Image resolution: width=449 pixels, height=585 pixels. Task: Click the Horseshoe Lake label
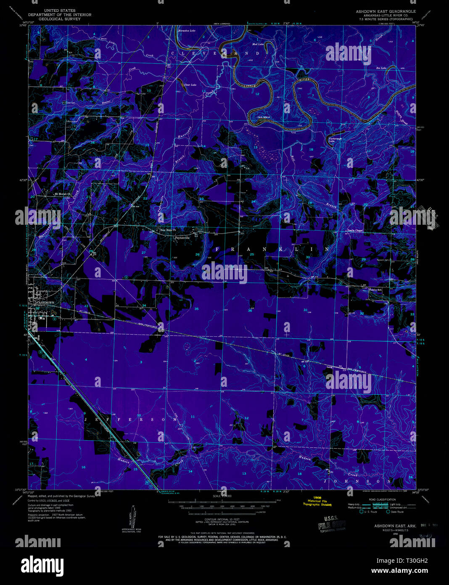[187, 31]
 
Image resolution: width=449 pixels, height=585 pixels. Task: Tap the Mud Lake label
[258, 44]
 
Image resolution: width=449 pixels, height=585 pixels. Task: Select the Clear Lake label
[190, 85]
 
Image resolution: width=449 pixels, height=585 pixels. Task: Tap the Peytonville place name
[182, 238]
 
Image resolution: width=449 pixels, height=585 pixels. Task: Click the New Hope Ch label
[168, 230]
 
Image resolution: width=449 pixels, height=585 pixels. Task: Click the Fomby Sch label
[375, 290]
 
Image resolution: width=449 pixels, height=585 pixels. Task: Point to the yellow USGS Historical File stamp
[317, 501]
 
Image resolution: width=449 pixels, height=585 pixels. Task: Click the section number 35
[196, 309]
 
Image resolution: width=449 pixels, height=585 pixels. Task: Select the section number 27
[143, 253]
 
